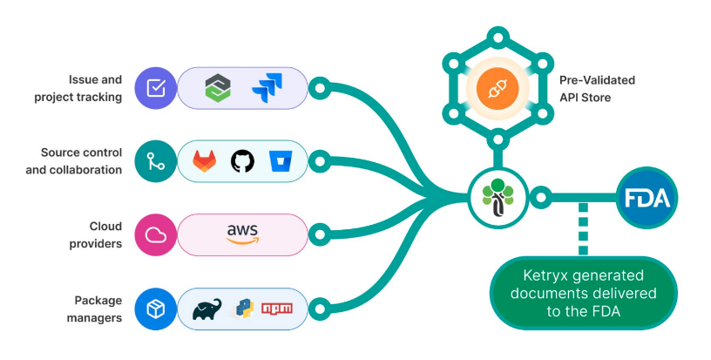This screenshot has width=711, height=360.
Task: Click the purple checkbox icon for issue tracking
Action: pos(156,88)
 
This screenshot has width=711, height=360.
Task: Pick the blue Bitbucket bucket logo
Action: pos(281,161)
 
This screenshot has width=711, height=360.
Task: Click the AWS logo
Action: pos(243,234)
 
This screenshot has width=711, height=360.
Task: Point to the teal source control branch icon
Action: pos(156,161)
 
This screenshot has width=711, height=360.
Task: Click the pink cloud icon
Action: pos(156,234)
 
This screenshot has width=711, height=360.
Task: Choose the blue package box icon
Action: pos(156,309)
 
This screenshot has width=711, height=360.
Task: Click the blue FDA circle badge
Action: pos(647,197)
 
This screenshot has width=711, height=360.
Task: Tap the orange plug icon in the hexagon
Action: pos(493,88)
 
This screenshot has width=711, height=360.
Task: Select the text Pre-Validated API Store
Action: pos(597,89)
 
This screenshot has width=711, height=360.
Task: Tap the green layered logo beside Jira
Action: pos(217,88)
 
